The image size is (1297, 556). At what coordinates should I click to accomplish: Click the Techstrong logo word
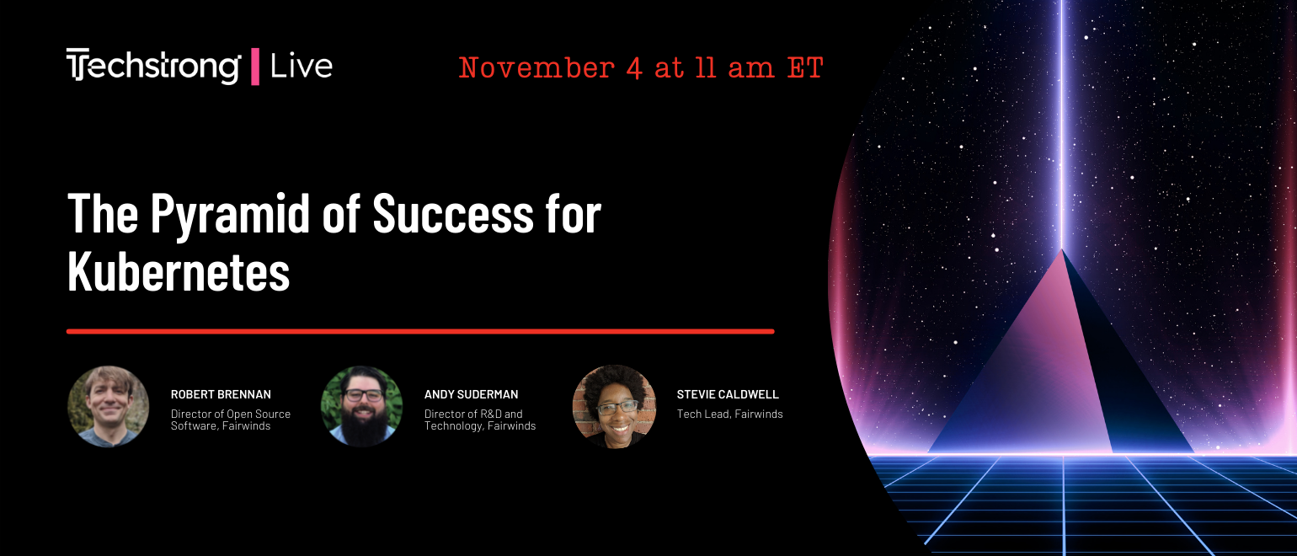click(x=153, y=66)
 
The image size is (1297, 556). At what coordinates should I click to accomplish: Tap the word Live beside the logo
click(x=302, y=67)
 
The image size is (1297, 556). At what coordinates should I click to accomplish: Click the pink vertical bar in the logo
click(x=254, y=67)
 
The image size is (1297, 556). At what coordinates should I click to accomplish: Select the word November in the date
click(x=536, y=68)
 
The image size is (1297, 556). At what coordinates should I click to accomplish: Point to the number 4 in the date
click(x=634, y=69)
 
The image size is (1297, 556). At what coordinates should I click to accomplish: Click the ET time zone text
click(x=805, y=68)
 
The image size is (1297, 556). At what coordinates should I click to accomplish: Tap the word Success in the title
click(x=453, y=213)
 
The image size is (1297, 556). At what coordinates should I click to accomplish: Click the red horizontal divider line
click(x=420, y=331)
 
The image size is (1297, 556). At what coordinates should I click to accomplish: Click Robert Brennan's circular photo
click(x=109, y=406)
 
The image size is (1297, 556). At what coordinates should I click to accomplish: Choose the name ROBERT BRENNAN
click(x=221, y=394)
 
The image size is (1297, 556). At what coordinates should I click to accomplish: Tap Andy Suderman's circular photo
click(x=362, y=406)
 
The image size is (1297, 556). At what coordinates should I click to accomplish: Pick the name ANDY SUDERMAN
click(x=472, y=394)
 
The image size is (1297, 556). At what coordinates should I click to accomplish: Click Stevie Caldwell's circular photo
click(x=614, y=406)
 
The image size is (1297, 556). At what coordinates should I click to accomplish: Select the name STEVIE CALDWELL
click(x=728, y=394)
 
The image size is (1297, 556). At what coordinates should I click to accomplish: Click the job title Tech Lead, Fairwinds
click(x=729, y=414)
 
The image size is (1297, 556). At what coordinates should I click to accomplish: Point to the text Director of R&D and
click(x=473, y=414)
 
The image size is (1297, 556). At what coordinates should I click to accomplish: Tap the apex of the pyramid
click(x=1061, y=249)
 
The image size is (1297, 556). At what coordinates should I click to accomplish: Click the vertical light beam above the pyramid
click(x=1061, y=125)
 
